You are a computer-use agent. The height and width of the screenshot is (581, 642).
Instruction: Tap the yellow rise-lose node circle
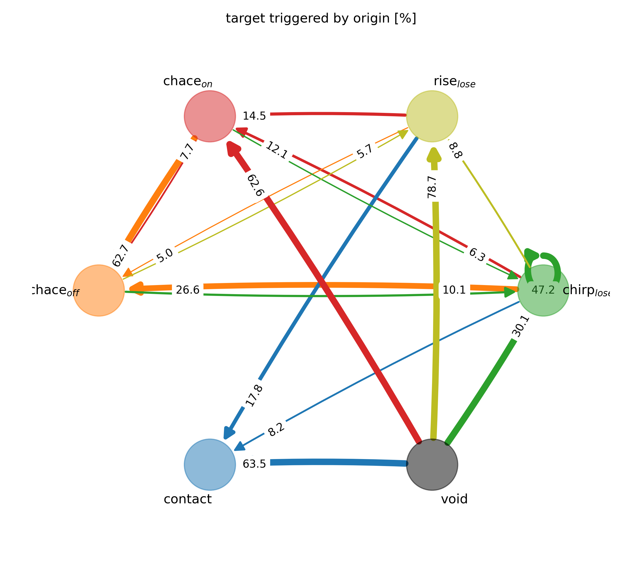tap(432, 116)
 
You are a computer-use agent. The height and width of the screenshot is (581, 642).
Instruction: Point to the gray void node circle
tap(432, 464)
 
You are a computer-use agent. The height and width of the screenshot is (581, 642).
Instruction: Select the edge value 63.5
tap(254, 464)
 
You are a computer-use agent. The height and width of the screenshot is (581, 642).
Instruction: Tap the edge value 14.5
tap(254, 116)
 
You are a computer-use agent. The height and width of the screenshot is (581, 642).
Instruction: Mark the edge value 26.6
tap(188, 290)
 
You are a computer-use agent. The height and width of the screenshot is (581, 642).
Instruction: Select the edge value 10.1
tap(454, 290)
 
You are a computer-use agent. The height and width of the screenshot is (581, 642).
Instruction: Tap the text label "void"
tap(454, 499)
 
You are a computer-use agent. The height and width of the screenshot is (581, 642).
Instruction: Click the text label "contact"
tap(188, 499)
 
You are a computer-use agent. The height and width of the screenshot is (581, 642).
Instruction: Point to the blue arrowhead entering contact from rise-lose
tap(229, 433)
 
